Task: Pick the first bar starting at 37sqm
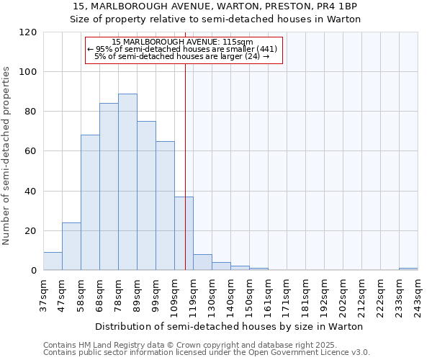(x=53, y=261)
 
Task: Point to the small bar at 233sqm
(x=408, y=269)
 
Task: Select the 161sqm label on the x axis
(x=269, y=294)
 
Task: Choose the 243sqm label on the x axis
(x=418, y=294)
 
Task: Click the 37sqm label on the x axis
(x=44, y=294)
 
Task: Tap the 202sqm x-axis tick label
(x=343, y=294)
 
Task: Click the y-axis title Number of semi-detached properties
(x=7, y=156)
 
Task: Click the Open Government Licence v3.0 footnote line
(x=207, y=353)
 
